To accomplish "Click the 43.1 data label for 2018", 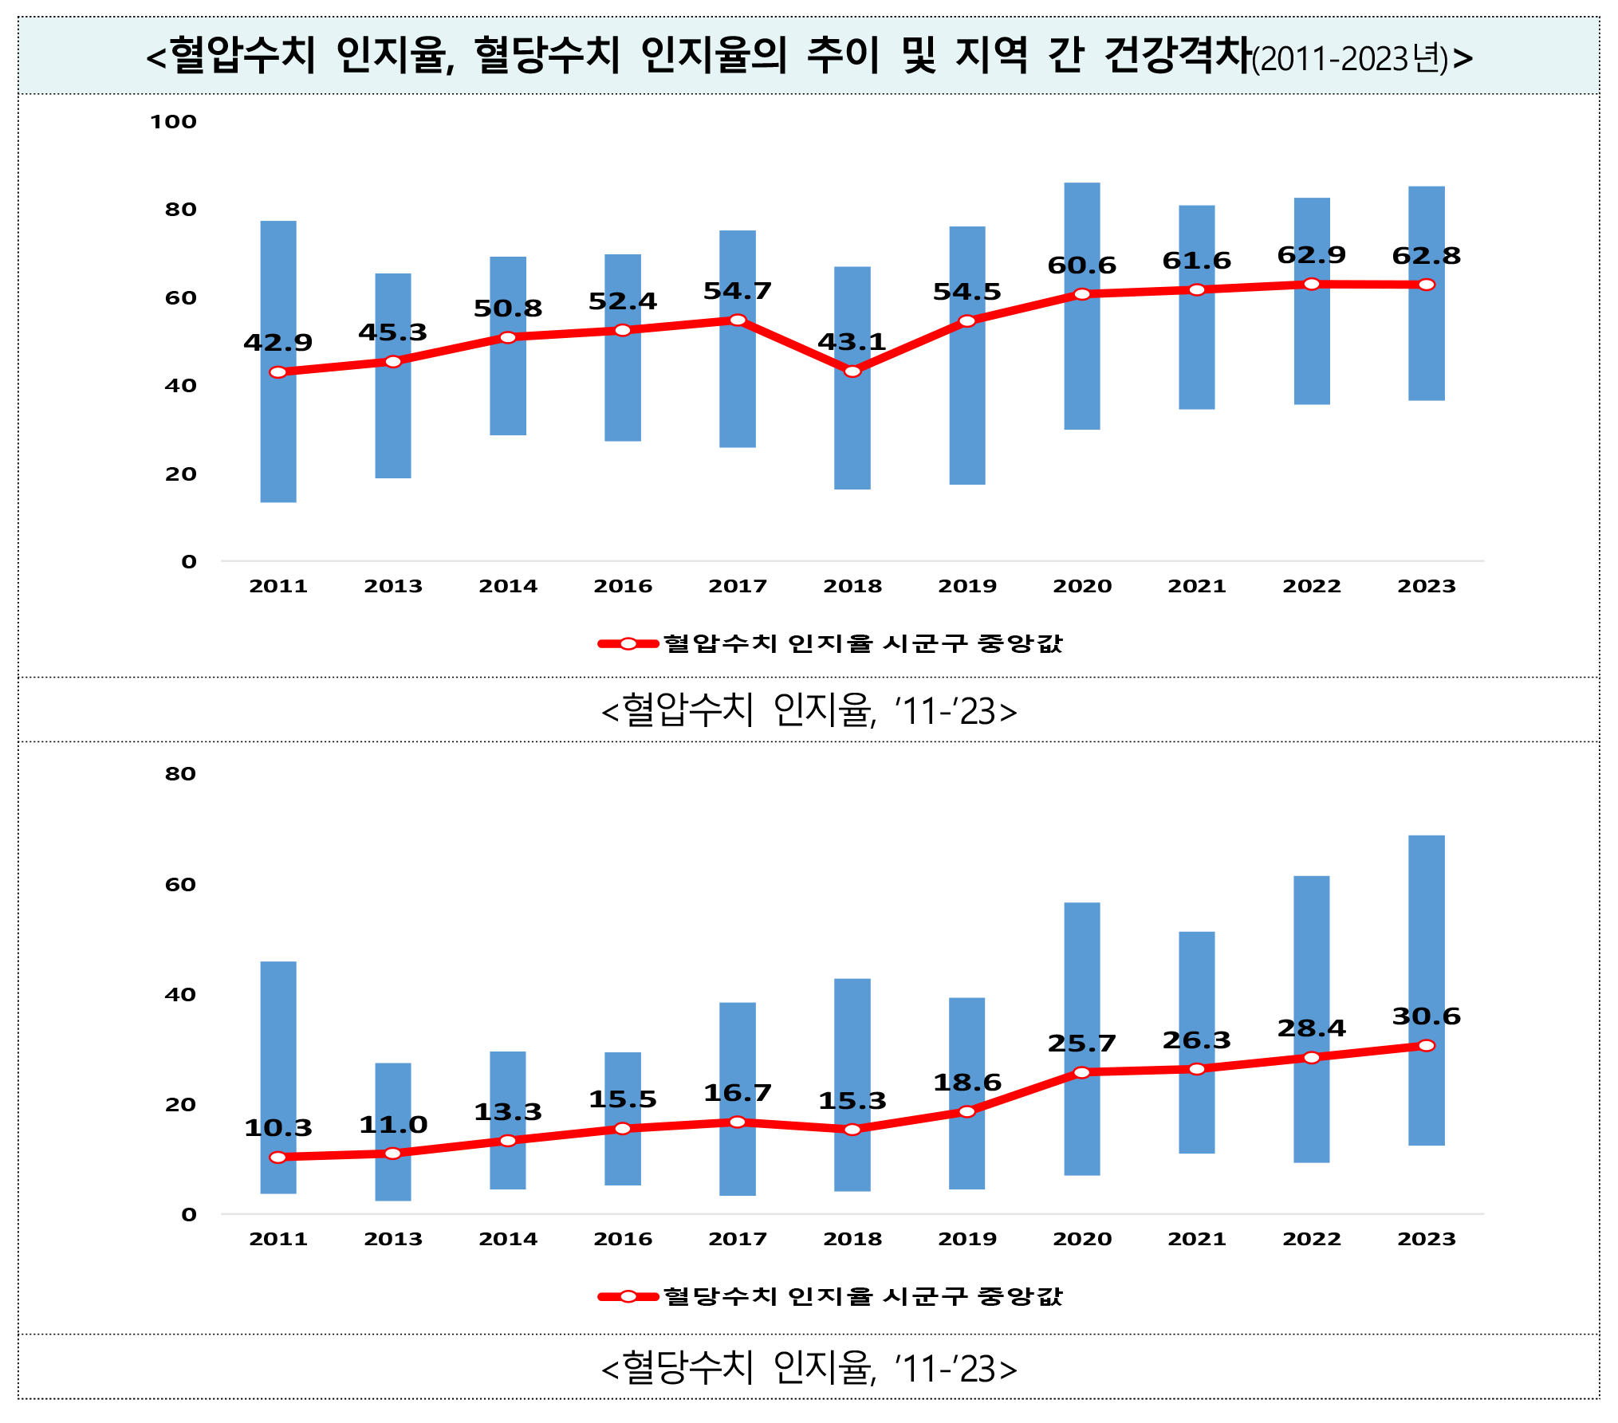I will click(852, 342).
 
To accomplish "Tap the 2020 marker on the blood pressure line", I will click(1081, 294).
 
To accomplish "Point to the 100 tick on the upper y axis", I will click(173, 122).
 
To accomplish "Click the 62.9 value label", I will click(1311, 255).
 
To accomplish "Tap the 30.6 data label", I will click(1426, 1016).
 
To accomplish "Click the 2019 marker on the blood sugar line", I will click(966, 1111).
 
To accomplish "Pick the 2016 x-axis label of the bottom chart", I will click(623, 1239).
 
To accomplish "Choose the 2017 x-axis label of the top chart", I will click(738, 586).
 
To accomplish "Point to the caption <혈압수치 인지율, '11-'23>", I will click(809, 710).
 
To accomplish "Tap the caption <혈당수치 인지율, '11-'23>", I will click(809, 1368).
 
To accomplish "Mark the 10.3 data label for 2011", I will click(278, 1128).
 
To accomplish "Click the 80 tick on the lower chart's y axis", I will click(180, 774).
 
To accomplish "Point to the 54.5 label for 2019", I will click(966, 292).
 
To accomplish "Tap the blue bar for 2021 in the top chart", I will click(1196, 359).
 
